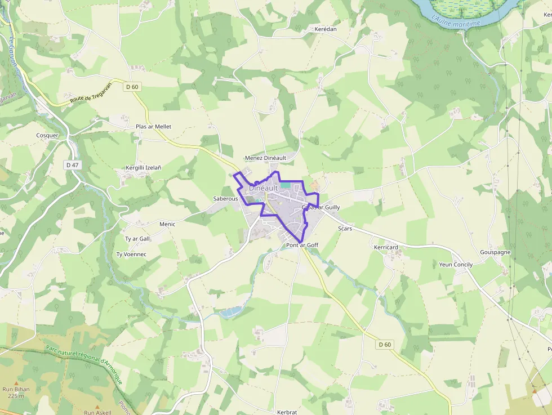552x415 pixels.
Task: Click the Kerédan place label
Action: [326, 28]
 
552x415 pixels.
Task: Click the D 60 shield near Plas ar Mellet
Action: [132, 87]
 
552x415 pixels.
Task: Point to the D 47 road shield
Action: [72, 165]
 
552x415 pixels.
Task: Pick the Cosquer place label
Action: [47, 135]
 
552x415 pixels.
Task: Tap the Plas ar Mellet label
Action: [153, 127]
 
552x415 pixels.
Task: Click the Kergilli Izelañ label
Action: [143, 168]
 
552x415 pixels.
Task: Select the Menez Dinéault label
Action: [265, 158]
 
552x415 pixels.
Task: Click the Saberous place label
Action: [225, 199]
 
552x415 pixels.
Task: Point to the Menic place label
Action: [167, 224]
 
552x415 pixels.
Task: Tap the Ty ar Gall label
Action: [137, 239]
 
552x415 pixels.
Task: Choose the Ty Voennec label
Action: [131, 255]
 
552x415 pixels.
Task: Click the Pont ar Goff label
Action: [302, 246]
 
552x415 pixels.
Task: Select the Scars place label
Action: [345, 229]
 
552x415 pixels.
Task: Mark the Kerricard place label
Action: [386, 247]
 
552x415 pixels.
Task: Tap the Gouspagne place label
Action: [495, 252]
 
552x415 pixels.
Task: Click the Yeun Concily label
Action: [456, 265]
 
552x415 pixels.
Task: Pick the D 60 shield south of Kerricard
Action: [385, 345]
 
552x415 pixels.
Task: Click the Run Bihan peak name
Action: [16, 389]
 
